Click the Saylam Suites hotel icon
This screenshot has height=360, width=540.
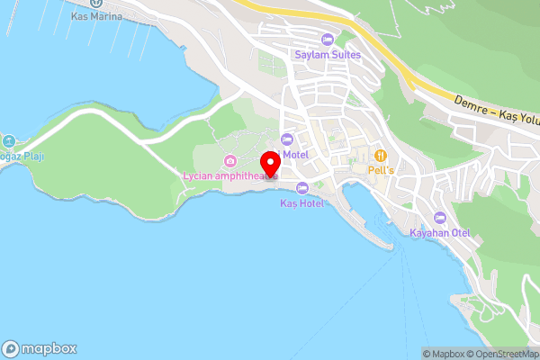(x=327, y=40)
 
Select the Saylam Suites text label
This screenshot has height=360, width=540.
(x=327, y=55)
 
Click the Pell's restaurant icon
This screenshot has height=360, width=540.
(x=381, y=155)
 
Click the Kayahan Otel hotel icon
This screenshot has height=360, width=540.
(x=440, y=218)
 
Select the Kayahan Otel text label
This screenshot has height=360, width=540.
(x=440, y=233)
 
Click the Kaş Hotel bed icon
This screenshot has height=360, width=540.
(x=301, y=188)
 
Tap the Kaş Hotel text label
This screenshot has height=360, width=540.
(x=301, y=203)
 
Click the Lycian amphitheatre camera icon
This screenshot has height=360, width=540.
(x=231, y=161)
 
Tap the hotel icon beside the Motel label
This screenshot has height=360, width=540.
(x=287, y=139)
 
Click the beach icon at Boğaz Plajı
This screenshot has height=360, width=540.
(x=8, y=141)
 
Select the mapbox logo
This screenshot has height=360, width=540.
(x=40, y=348)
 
